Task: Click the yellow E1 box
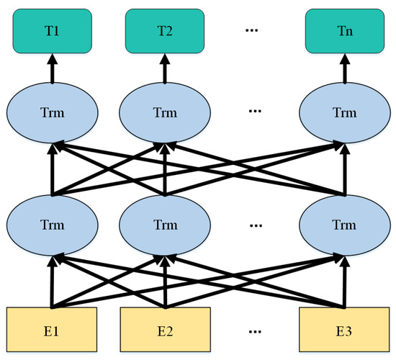[52, 333]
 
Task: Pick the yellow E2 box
[165, 333]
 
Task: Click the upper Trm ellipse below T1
[52, 113]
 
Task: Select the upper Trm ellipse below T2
[165, 113]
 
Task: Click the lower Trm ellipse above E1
[52, 225]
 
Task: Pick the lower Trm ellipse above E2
[165, 225]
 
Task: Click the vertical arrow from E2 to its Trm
[165, 284]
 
